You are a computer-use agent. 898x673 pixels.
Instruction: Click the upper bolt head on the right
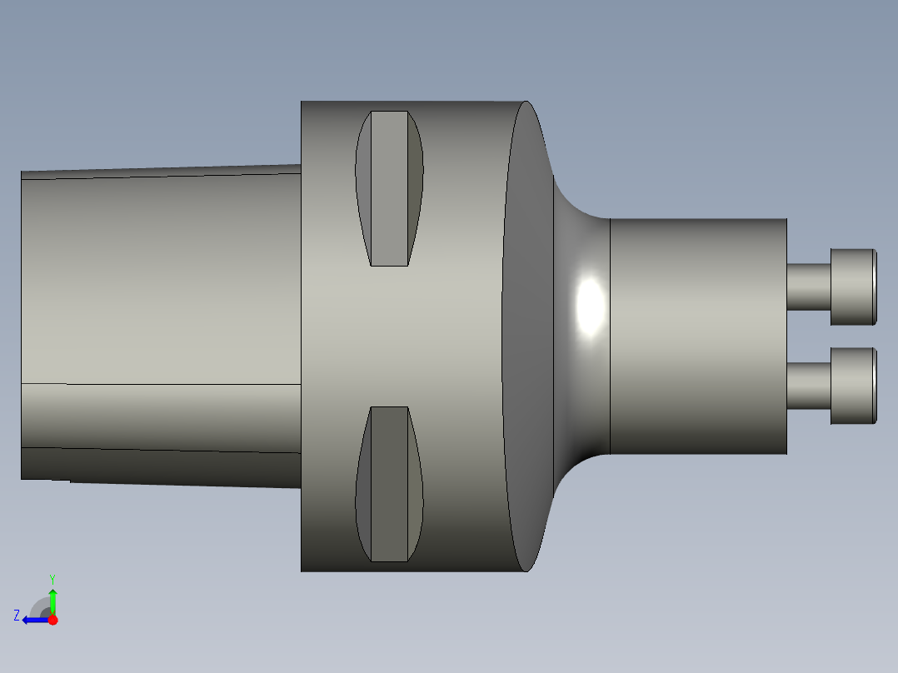(853, 287)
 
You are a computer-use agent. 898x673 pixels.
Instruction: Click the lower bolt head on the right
(853, 386)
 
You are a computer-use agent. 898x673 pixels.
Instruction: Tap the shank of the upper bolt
(809, 287)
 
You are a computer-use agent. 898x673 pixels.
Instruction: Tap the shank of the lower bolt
(809, 386)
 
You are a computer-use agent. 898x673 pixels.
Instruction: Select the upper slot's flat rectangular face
(390, 188)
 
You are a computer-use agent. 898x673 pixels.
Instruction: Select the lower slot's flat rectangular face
(390, 484)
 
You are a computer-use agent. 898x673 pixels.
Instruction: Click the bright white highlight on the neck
(591, 306)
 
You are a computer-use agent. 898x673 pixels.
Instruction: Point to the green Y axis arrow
(52, 602)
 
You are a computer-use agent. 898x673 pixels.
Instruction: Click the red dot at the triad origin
(52, 620)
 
